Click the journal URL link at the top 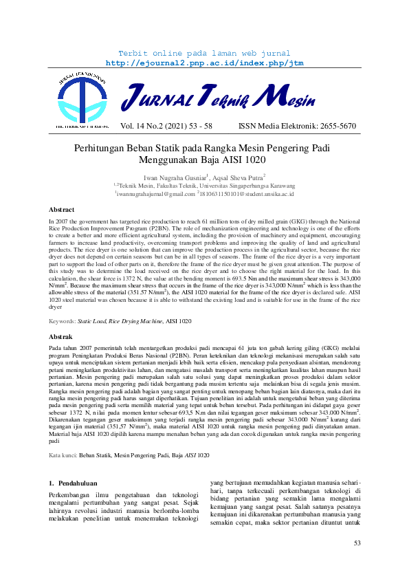click(x=204, y=63)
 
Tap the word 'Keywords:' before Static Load click(x=63, y=321)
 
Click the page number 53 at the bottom click(x=357, y=543)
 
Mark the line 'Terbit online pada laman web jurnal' click(x=204, y=53)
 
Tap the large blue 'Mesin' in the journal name click(x=289, y=98)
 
